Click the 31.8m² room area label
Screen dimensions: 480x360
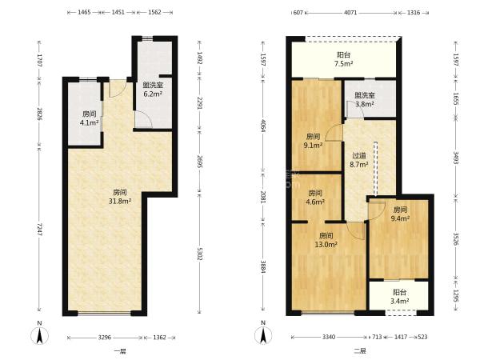point(120,197)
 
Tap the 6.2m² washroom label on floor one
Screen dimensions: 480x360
point(153,90)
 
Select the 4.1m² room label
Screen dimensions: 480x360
point(89,118)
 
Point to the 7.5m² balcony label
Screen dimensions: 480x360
point(344,59)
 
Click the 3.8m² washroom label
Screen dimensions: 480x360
point(365,100)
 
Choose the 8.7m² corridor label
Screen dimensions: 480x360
point(359,160)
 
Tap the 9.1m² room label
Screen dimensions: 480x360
point(313,141)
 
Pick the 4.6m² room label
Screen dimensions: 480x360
point(315,198)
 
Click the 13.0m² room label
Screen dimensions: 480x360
point(326,240)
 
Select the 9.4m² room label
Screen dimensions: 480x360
point(400,214)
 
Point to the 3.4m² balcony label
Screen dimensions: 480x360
point(400,297)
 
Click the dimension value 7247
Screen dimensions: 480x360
point(39,230)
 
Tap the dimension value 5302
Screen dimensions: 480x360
point(199,254)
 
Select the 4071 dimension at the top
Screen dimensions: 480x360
point(350,13)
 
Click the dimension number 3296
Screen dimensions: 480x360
point(104,338)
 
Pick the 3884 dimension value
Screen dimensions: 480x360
point(263,266)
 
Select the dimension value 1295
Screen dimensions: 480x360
point(456,296)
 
